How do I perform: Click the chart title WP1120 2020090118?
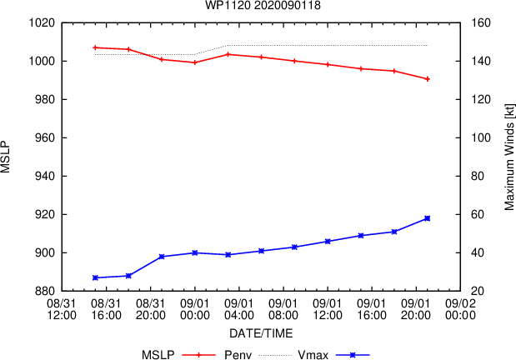click(x=263, y=5)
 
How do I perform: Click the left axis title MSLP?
click(x=5, y=157)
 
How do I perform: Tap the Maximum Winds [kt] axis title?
click(x=509, y=157)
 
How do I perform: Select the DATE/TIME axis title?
click(x=261, y=333)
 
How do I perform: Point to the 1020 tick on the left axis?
click(x=42, y=22)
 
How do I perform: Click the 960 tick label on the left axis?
click(x=45, y=137)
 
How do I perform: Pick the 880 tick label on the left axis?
click(x=45, y=291)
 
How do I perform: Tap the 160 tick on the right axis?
click(x=481, y=22)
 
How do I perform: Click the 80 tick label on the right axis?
click(x=478, y=176)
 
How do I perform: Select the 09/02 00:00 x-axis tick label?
click(x=460, y=309)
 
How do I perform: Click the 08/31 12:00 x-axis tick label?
click(x=62, y=309)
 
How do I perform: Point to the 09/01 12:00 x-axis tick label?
click(x=328, y=309)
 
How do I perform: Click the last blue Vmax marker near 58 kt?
click(x=427, y=218)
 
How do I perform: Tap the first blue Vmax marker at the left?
click(x=95, y=277)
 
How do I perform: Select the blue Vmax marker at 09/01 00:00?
click(x=195, y=252)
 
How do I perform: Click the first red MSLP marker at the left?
click(x=95, y=47)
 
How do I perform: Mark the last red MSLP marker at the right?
click(x=427, y=79)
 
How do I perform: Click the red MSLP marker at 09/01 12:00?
click(x=328, y=64)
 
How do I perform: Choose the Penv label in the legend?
click(x=238, y=355)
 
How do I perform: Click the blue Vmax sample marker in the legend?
click(x=353, y=355)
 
